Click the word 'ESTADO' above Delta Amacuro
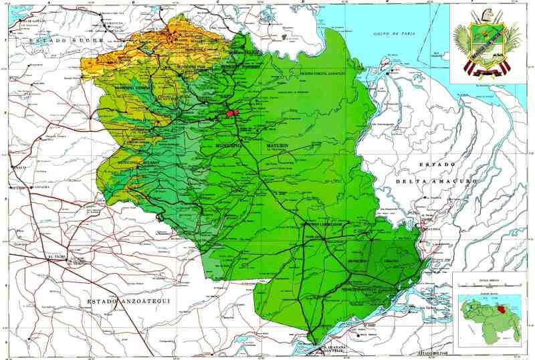coord(433,165)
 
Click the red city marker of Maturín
coord(231,112)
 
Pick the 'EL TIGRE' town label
coord(53,256)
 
